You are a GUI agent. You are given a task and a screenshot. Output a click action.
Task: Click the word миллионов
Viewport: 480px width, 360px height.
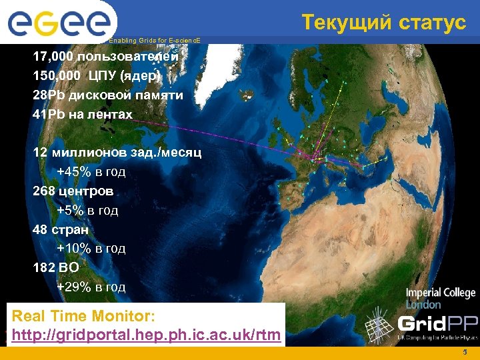89,153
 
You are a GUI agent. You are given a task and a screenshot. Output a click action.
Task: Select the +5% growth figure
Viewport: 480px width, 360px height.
69,211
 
